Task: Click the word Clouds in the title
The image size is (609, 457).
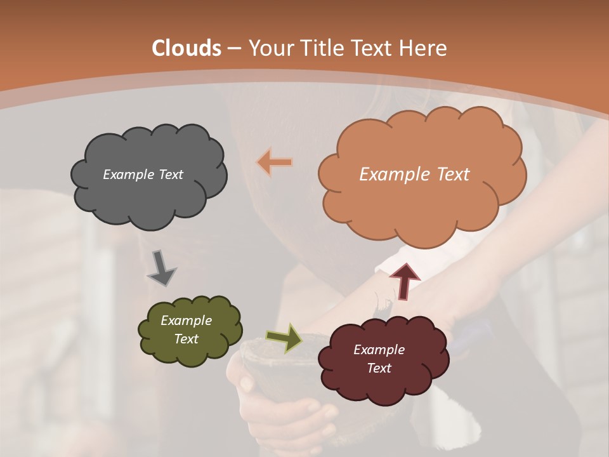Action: click(187, 48)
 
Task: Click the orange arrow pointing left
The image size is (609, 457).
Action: click(275, 162)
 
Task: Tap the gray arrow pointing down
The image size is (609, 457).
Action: click(162, 268)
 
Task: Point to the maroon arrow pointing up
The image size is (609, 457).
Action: click(405, 281)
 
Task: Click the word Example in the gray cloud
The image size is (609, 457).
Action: click(128, 175)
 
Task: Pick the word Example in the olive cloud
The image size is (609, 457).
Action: click(186, 321)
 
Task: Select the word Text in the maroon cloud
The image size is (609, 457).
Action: click(379, 368)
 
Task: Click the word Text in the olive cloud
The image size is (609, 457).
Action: click(186, 339)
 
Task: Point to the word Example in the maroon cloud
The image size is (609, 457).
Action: click(379, 350)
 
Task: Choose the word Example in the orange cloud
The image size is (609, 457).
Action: click(395, 175)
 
